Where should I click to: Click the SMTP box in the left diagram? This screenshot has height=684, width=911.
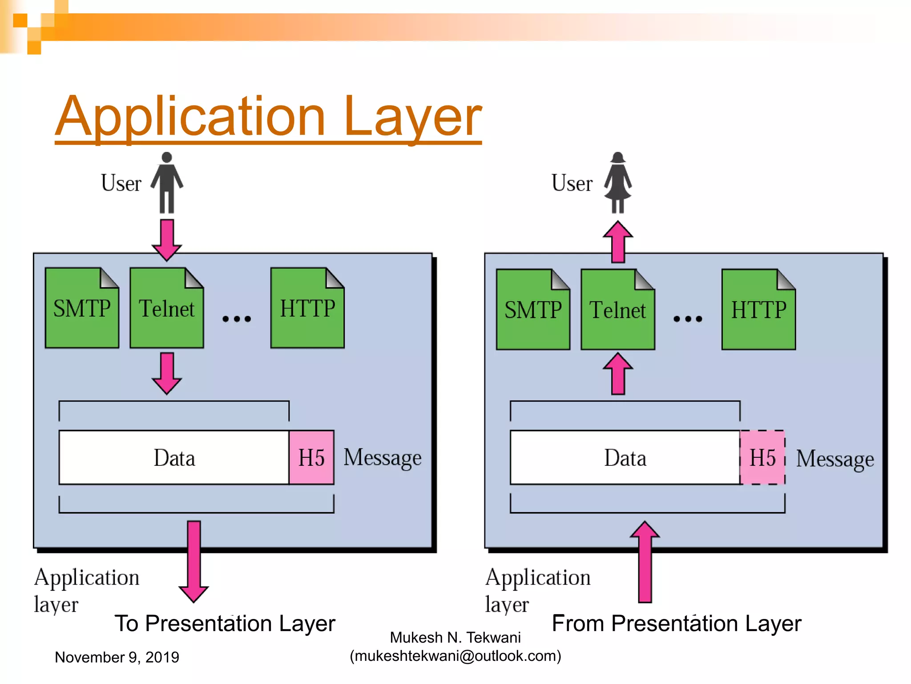(82, 308)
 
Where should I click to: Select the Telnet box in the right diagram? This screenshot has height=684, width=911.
(617, 310)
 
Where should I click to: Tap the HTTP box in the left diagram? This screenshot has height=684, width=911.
(307, 308)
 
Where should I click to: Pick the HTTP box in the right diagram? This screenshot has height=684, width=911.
(758, 310)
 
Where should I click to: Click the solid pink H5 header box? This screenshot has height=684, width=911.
(311, 457)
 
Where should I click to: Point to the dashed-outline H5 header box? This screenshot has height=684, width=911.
(762, 457)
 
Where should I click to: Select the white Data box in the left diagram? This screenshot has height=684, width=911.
(174, 457)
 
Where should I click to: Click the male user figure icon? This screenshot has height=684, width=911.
(167, 183)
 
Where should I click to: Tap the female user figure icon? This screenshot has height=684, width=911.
(618, 183)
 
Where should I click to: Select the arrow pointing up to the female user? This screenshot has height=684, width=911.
(618, 241)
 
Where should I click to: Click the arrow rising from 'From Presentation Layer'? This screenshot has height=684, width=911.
(645, 562)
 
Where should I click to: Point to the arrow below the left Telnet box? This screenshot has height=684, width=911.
(167, 373)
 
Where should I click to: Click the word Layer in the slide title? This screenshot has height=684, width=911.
(412, 117)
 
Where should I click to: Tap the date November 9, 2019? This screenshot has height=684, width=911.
(117, 657)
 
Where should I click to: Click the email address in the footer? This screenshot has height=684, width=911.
(455, 656)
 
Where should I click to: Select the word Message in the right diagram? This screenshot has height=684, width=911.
(834, 459)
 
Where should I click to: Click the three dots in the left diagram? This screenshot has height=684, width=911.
(237, 319)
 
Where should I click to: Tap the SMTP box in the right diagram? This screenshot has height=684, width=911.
(533, 310)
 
